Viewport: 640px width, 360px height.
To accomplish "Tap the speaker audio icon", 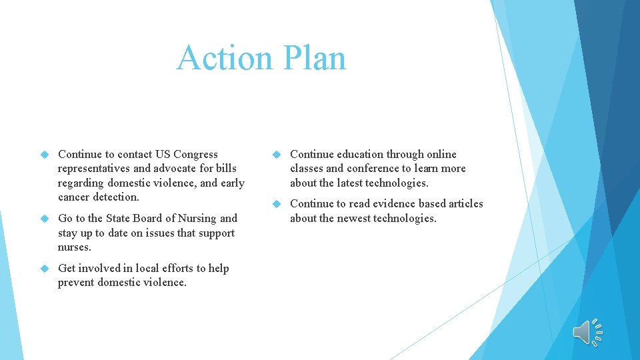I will tap(587, 331).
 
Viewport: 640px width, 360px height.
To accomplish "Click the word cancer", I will tap(73, 197).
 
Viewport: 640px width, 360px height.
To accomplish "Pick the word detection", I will tap(115, 197).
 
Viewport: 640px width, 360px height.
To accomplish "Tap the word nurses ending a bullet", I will tap(74, 247).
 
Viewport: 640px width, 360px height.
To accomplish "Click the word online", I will tap(441, 154).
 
